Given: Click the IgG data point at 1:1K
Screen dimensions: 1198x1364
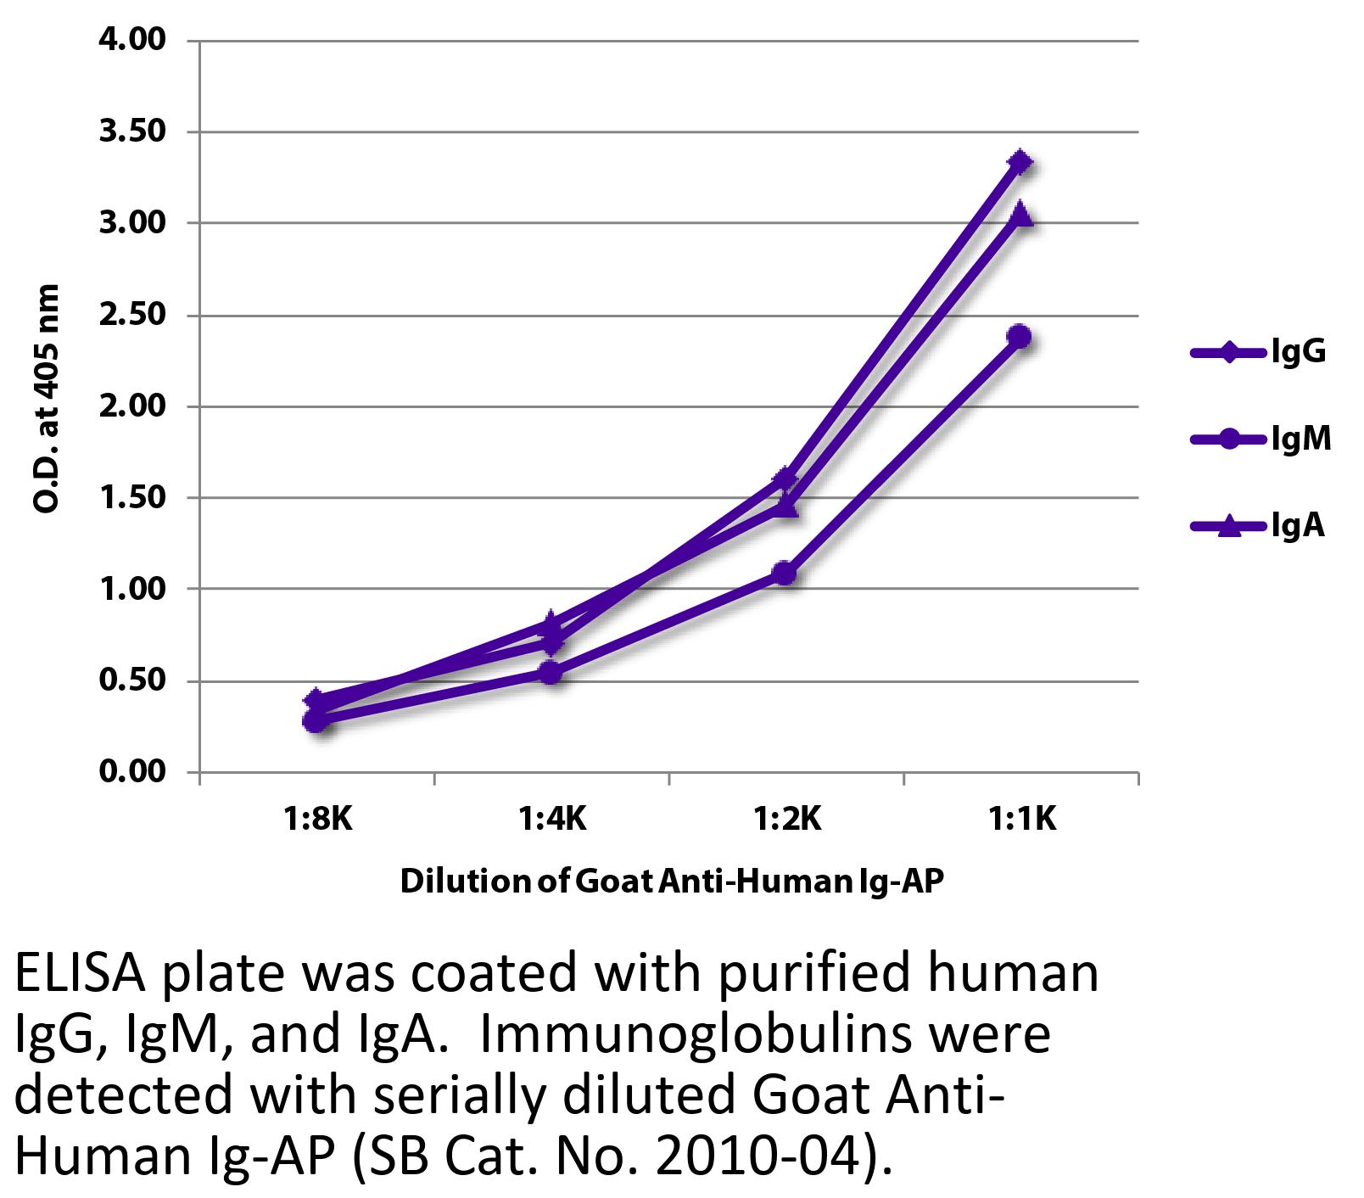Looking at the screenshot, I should coord(1020,162).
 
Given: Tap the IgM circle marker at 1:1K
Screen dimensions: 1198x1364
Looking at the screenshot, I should coord(1020,337).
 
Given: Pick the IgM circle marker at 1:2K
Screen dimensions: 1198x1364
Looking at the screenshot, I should coord(785,574).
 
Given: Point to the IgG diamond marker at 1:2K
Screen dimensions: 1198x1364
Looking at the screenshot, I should coord(785,479).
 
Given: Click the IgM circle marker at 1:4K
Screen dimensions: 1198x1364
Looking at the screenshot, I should coord(551,673).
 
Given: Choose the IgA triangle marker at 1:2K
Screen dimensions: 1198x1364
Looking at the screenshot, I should coord(785,507).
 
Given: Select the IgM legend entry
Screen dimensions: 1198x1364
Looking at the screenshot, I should coord(1300,439).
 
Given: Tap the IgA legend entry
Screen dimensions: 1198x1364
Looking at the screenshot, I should coord(1298,527).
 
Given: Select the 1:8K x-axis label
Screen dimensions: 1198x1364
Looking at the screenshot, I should coord(316,820).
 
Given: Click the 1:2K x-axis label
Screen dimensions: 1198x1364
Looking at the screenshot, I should coord(786,820).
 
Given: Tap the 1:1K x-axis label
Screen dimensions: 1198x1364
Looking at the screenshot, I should coord(1022,820).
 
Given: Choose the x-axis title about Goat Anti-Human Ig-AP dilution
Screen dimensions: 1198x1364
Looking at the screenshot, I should coord(671,882).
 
